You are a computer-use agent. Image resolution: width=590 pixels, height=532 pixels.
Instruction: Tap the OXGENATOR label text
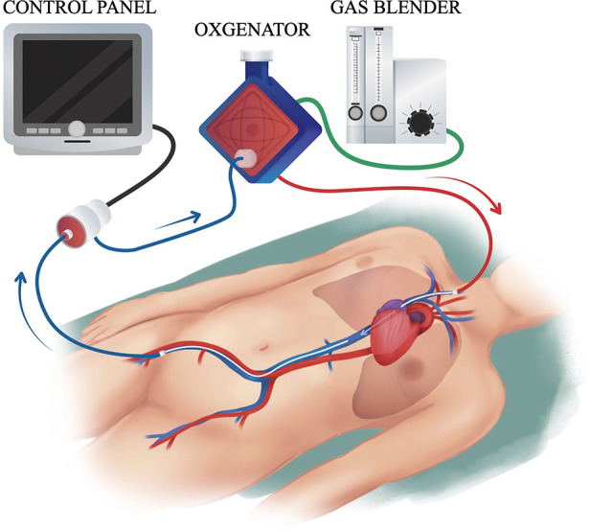coord(252,30)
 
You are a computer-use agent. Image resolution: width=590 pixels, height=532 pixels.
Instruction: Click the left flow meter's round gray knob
coord(355,113)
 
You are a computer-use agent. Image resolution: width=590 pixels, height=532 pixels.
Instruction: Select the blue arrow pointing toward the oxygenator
coord(177,223)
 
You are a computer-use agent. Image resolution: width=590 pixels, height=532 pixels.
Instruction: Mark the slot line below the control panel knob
coord(77,142)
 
